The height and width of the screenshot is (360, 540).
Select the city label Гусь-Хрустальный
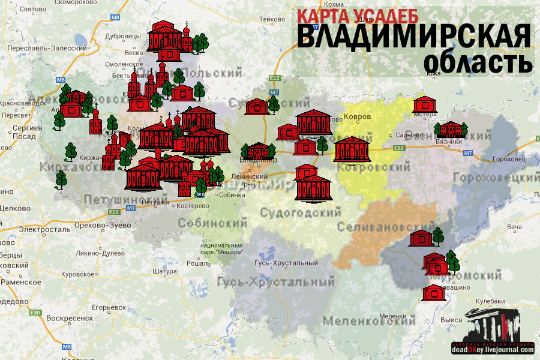tap(286, 263)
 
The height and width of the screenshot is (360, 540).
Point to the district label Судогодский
tap(301, 212)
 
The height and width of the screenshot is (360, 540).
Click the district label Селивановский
tap(377, 227)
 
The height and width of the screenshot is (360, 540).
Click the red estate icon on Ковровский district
tap(352, 149)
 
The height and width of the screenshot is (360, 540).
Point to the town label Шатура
tap(163, 271)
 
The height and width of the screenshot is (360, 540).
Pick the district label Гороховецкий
tap(496, 179)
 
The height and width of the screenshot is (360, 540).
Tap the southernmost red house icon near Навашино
tap(433, 293)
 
